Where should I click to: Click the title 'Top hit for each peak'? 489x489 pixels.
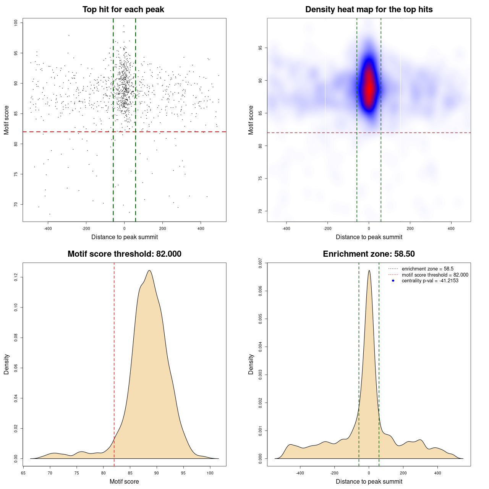pyautogui.click(x=123, y=10)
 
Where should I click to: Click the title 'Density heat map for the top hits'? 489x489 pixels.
pyautogui.click(x=369, y=10)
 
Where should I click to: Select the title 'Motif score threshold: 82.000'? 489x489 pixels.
pyautogui.click(x=124, y=254)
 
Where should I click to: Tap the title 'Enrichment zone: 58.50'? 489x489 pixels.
pyautogui.click(x=369, y=254)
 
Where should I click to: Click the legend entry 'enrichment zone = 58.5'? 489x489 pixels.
pyautogui.click(x=427, y=269)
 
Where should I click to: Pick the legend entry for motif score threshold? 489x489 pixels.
pyautogui.click(x=435, y=275)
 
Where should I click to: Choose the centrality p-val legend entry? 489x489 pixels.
pyautogui.click(x=430, y=281)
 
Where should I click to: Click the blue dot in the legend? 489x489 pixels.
pyautogui.click(x=393, y=281)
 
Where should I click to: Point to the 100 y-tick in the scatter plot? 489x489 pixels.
pyautogui.click(x=16, y=23)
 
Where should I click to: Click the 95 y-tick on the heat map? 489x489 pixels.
pyautogui.click(x=260, y=48)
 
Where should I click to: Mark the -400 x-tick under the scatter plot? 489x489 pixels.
pyautogui.click(x=48, y=229)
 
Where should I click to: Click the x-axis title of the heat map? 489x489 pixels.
pyautogui.click(x=369, y=237)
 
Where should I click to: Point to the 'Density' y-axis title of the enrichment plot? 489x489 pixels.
pyautogui.click(x=251, y=364)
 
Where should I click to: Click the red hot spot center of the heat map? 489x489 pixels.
pyautogui.click(x=369, y=88)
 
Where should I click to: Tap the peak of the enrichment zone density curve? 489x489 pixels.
pyautogui.click(x=369, y=270)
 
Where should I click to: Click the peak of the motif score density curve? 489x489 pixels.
pyautogui.click(x=149, y=270)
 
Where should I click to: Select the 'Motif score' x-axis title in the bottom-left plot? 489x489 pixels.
pyautogui.click(x=124, y=482)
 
